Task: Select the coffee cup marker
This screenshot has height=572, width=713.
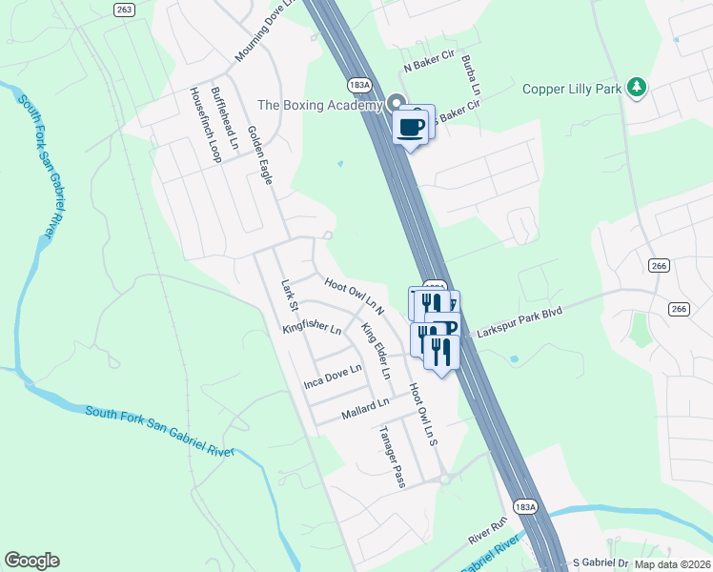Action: point(411,126)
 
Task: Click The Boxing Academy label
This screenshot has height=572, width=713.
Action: point(319,105)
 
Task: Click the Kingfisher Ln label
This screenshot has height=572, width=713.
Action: point(312,328)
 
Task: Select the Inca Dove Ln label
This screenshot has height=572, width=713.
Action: point(333,376)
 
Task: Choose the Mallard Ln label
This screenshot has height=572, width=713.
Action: point(366,411)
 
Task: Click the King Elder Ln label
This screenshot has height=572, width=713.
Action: point(376,351)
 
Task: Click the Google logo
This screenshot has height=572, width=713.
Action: point(31,561)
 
